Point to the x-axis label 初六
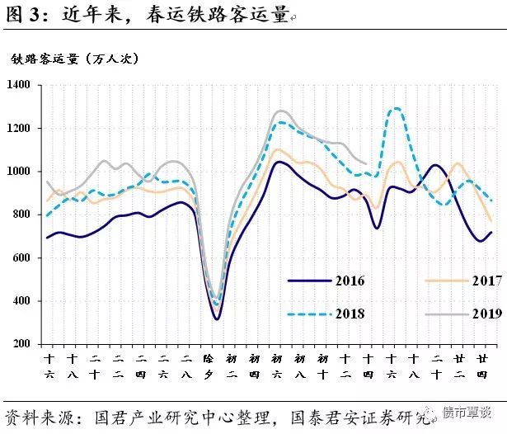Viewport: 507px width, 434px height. click(279, 367)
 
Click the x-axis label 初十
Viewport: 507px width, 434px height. click(324, 367)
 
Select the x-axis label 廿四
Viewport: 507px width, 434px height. click(481, 367)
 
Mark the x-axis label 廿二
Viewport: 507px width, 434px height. click(458, 367)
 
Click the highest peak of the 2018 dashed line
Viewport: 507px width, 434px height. click(397, 108)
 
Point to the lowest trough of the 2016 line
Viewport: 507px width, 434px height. click(217, 318)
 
